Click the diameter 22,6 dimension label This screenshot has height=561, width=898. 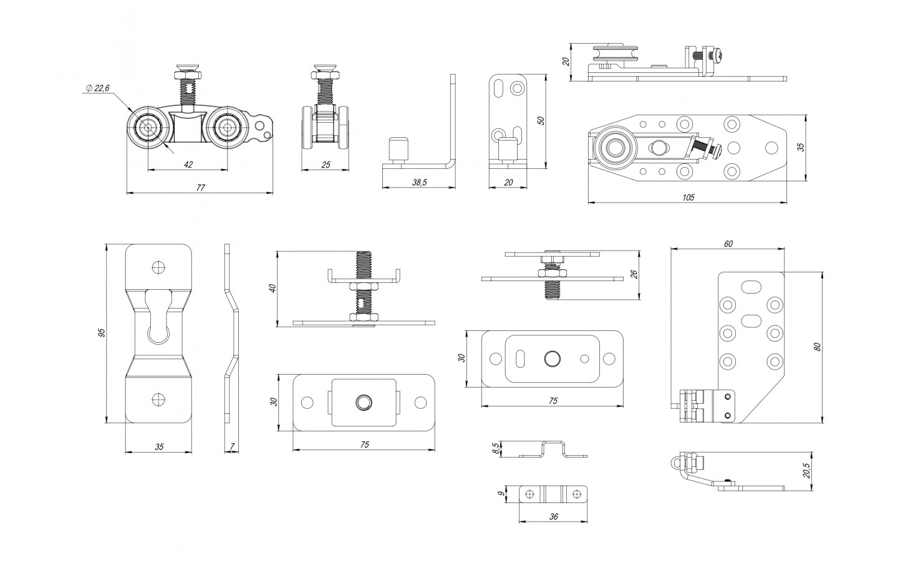[x=99, y=89]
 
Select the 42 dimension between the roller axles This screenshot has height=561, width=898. [x=188, y=165]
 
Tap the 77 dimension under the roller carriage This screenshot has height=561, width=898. [x=200, y=188]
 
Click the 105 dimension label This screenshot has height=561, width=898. [x=688, y=198]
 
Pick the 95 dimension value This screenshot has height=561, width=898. [x=102, y=333]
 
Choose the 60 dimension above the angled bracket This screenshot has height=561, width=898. [x=728, y=244]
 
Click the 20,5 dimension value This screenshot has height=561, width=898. [x=806, y=471]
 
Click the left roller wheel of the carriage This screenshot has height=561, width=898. [x=148, y=128]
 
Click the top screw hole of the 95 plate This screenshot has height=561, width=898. [x=158, y=267]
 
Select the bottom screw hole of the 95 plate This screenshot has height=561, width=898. [x=158, y=398]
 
